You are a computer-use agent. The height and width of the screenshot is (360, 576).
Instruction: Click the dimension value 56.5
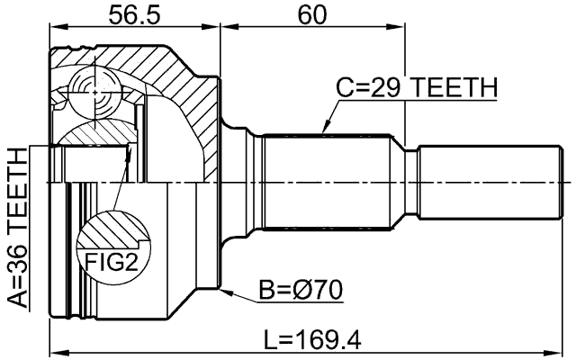(133, 14)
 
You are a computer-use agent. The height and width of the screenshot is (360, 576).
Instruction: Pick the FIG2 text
(112, 262)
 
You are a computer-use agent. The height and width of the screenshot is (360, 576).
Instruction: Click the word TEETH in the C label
(451, 88)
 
